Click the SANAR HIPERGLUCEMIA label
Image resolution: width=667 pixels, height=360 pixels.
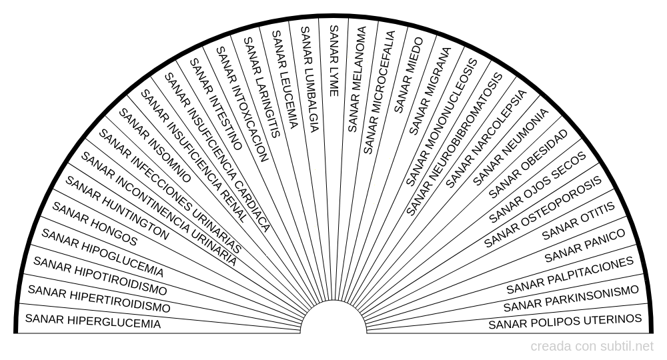pyautogui.click(x=93, y=321)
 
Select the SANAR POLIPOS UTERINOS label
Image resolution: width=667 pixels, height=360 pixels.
pyautogui.click(x=565, y=322)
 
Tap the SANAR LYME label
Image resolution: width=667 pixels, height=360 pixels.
pyautogui.click(x=334, y=61)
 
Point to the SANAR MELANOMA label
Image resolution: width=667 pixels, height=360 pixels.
pyautogui.click(x=357, y=79)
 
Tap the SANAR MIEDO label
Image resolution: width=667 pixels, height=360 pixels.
pyautogui.click(x=409, y=75)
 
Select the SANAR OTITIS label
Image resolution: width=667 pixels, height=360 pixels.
pyautogui.click(x=578, y=221)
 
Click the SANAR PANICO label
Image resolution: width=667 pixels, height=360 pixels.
pyautogui.click(x=585, y=245)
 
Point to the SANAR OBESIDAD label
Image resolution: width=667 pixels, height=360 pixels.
pyautogui.click(x=528, y=163)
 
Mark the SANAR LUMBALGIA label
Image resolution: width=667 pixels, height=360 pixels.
pyautogui.click(x=309, y=79)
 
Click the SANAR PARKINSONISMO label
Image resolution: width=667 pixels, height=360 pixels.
pyautogui.click(x=571, y=299)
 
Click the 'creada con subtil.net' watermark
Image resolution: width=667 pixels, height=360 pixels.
pyautogui.click(x=592, y=347)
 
